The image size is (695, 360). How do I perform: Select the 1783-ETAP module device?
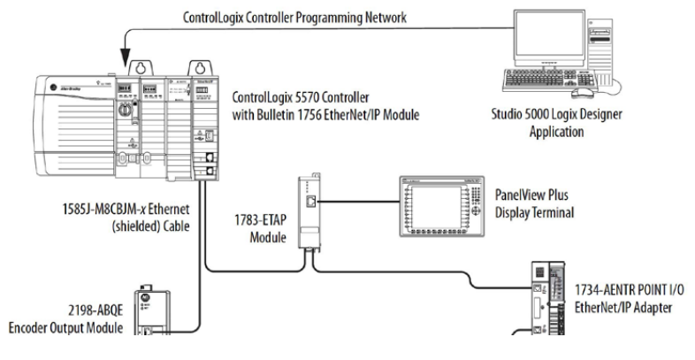pos(309,212)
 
